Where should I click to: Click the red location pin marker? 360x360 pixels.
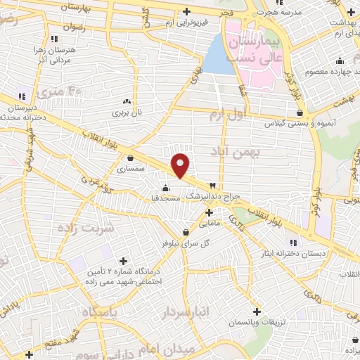181,165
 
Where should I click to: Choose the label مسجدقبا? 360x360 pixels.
167,198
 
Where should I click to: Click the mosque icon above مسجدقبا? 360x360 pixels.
165,188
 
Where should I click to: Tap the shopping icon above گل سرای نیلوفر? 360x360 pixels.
186,232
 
